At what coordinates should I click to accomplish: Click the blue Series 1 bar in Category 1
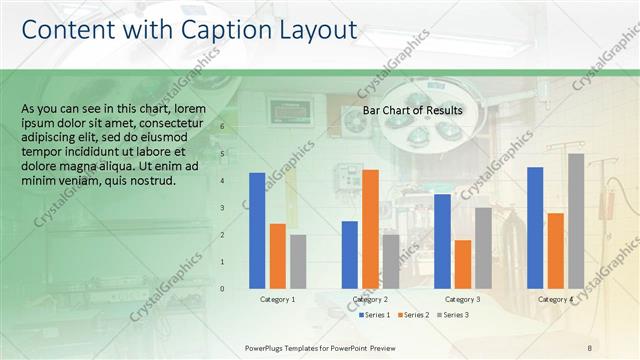[257, 231]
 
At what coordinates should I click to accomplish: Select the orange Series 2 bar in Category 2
[370, 229]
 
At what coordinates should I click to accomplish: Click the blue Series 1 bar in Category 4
[535, 228]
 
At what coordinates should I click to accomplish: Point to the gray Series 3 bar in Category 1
[298, 261]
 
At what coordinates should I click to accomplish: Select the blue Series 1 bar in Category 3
[442, 241]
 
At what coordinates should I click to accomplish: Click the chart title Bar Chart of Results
[412, 110]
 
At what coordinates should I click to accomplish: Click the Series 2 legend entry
[413, 315]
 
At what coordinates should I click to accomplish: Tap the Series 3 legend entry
[453, 315]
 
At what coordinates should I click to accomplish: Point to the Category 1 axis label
[277, 299]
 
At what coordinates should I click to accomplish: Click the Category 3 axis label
[463, 299]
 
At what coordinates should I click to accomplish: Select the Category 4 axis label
[556, 299]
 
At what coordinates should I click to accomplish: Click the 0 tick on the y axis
[237, 289]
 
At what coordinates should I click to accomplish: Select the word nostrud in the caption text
[154, 181]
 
